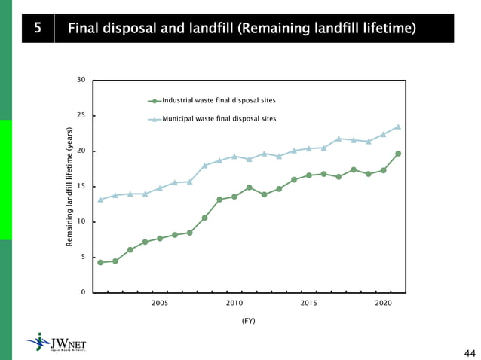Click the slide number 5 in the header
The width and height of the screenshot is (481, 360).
[x=37, y=29]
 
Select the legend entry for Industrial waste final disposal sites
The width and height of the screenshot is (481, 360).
[x=219, y=100]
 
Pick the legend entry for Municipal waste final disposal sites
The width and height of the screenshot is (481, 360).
[x=219, y=118]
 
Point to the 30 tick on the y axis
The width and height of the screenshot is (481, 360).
[x=81, y=80]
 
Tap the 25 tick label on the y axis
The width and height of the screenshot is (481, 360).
[x=81, y=115]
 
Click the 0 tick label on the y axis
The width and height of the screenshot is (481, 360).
[x=83, y=292]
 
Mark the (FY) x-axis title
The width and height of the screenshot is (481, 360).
[x=248, y=320]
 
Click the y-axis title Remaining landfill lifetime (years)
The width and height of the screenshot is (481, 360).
[x=69, y=186]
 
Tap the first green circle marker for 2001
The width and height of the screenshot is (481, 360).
[x=100, y=262]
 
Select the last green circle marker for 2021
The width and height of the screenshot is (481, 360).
[x=398, y=154]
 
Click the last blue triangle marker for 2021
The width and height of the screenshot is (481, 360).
[x=398, y=127]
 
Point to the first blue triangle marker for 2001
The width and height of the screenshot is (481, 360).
[x=100, y=200]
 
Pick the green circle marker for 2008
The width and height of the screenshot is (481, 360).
[x=204, y=218]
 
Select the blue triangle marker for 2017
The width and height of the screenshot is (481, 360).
[x=339, y=139]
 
